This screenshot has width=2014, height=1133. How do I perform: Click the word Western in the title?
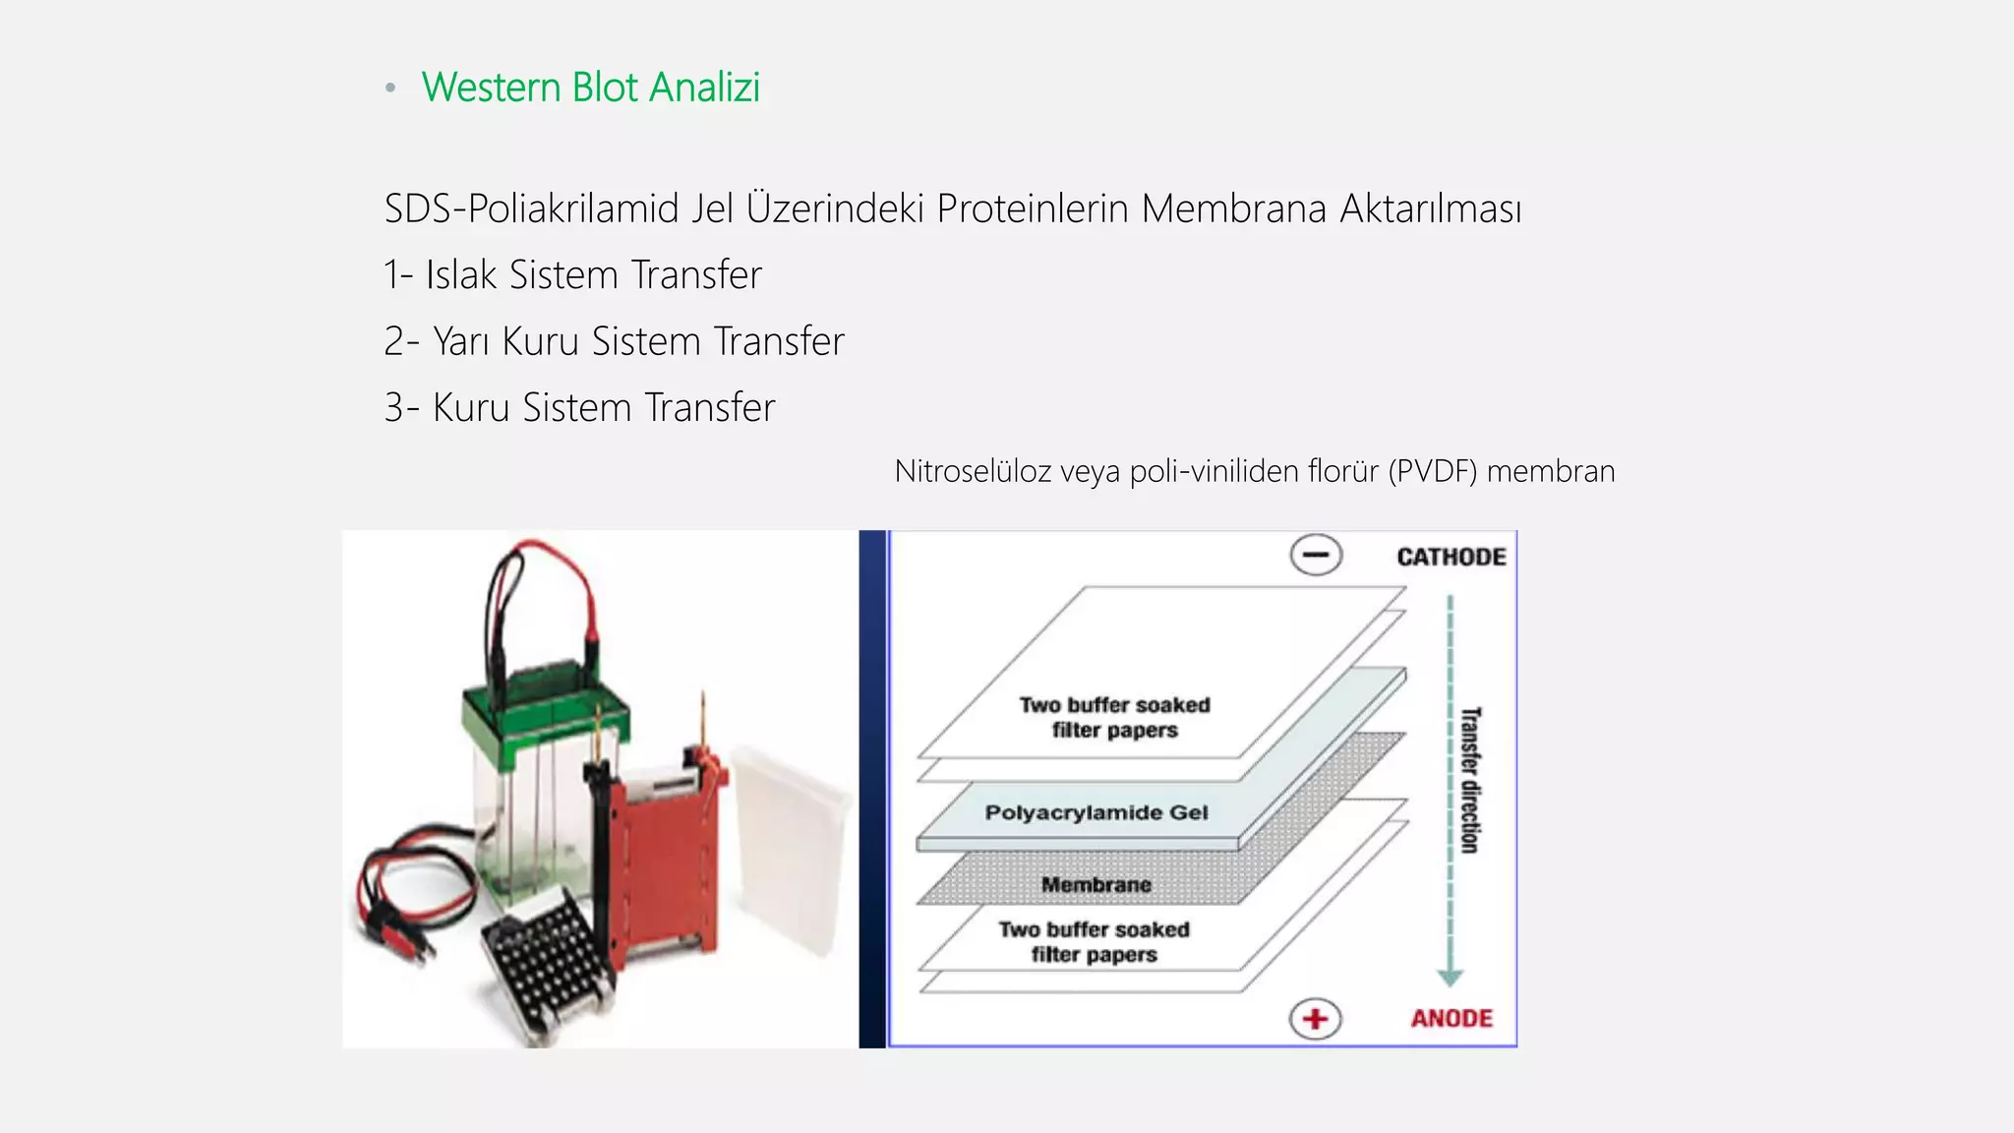[491, 88]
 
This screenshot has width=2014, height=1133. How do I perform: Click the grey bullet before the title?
[390, 89]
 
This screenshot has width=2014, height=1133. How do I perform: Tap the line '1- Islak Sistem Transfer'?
[572, 275]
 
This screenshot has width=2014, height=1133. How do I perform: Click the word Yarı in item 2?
[460, 341]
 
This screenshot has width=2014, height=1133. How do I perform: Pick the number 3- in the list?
[401, 407]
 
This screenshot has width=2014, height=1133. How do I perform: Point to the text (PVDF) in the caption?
[1433, 471]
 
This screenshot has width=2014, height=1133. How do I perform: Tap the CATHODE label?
[1451, 557]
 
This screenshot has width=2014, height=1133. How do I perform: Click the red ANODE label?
[1451, 1018]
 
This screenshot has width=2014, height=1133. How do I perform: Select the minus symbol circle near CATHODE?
[1316, 555]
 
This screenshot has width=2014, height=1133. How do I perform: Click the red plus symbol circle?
[1316, 1019]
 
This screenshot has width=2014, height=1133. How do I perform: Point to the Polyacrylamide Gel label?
[1096, 812]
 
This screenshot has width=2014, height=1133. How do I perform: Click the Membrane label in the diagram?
[1096, 884]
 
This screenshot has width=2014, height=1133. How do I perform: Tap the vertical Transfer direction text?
[1470, 780]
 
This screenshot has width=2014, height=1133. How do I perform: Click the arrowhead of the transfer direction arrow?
[1451, 978]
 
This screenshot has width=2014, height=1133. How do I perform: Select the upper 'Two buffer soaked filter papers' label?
[1114, 717]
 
